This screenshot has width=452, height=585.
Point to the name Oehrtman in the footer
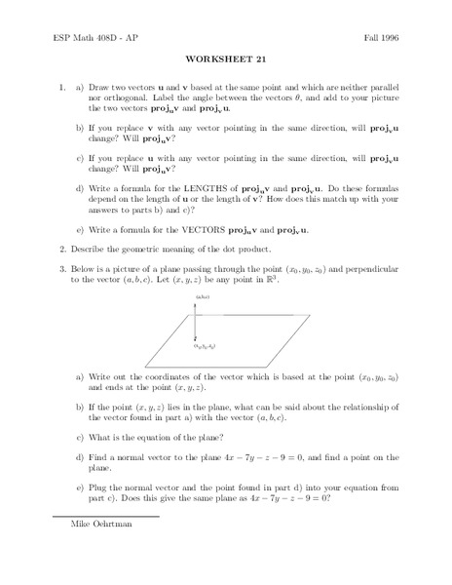pyautogui.click(x=107, y=550)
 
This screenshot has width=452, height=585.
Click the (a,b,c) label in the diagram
pyautogui.click(x=203, y=297)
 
